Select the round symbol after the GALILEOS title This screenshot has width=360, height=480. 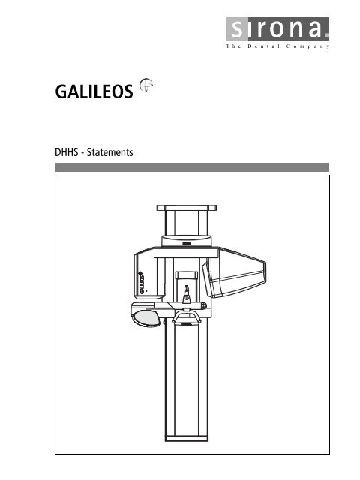[145, 87]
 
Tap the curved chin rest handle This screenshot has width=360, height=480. [184, 320]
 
